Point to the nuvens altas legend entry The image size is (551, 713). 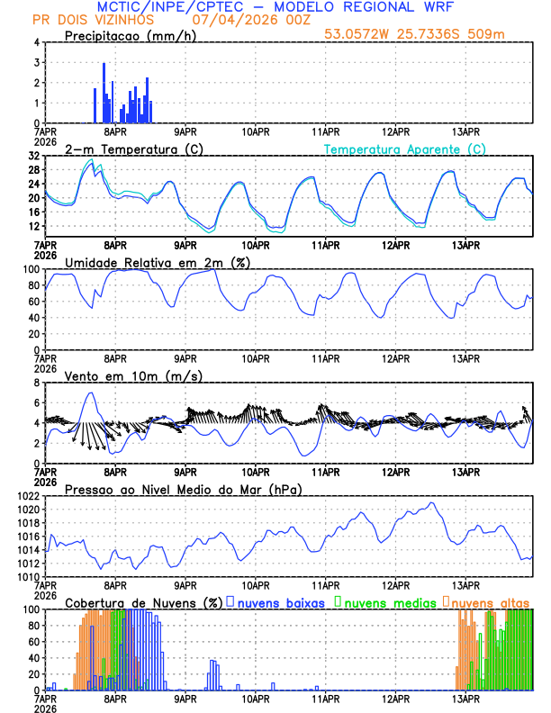click(491, 601)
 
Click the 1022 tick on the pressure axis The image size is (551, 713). click(27, 496)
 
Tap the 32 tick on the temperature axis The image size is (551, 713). click(34, 156)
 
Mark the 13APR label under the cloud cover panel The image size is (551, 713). click(465, 699)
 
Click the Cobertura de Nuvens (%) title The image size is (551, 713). click(143, 601)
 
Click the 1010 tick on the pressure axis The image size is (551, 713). click(27, 577)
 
